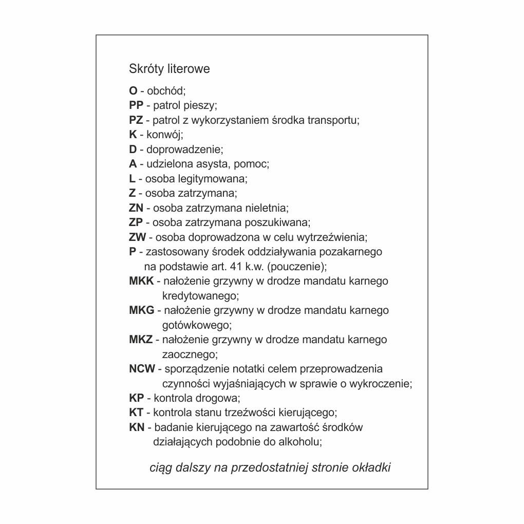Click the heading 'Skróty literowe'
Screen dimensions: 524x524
pyautogui.click(x=169, y=69)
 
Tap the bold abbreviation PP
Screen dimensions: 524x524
pyautogui.click(x=136, y=106)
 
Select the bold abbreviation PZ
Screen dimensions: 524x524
pyautogui.click(x=136, y=120)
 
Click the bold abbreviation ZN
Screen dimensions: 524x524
pyautogui.click(x=136, y=208)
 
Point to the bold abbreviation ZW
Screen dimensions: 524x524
pyautogui.click(x=138, y=237)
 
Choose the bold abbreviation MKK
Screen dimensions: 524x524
pyautogui.click(x=141, y=281)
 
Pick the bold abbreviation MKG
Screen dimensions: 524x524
pyautogui.click(x=142, y=310)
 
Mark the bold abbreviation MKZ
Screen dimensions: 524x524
pyautogui.click(x=141, y=340)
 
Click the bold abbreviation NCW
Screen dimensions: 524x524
pyautogui.click(x=142, y=369)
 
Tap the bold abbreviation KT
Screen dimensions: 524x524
pyautogui.click(x=136, y=413)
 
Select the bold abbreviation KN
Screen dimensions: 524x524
pyautogui.click(x=137, y=427)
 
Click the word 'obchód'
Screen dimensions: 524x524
pyautogui.click(x=166, y=91)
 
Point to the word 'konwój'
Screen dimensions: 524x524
pyautogui.click(x=164, y=135)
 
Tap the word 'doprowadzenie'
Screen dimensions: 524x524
pyautogui.click(x=184, y=150)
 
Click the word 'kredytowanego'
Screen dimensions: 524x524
pyautogui.click(x=200, y=296)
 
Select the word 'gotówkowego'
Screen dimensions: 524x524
pyautogui.click(x=197, y=325)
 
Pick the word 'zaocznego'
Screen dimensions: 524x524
pyautogui.click(x=190, y=354)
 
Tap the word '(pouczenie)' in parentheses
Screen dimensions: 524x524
pyautogui.click(x=297, y=267)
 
